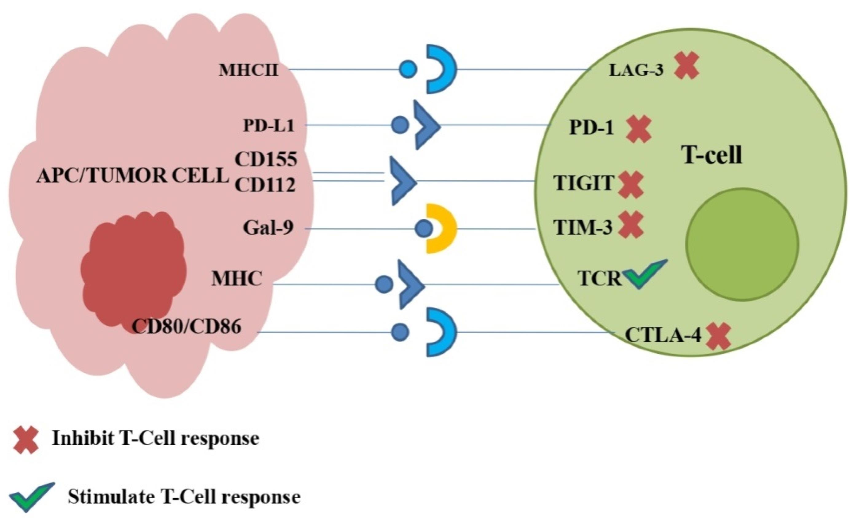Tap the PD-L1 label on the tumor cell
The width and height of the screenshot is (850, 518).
(269, 126)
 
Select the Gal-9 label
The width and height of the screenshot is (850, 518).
(268, 228)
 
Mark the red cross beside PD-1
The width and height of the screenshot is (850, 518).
(639, 129)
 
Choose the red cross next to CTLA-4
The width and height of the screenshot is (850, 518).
(719, 336)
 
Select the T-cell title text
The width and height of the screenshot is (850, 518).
(712, 155)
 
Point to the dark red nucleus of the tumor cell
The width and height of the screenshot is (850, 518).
(133, 269)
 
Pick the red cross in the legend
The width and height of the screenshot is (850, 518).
(26, 439)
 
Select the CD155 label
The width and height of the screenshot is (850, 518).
(266, 159)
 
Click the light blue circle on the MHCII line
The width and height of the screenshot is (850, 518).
(408, 69)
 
